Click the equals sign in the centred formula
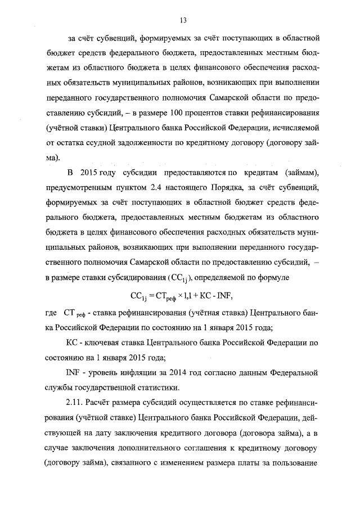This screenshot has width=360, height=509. tap(154, 294)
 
